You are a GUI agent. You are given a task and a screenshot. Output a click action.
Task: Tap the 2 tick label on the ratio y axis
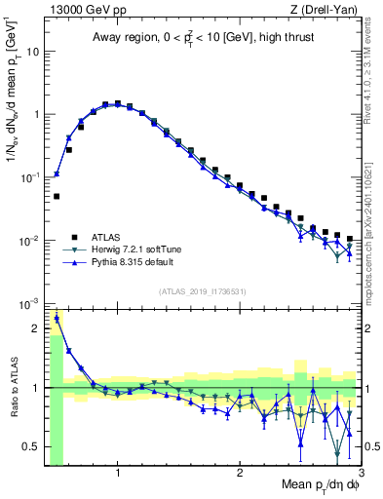[x=35, y=328]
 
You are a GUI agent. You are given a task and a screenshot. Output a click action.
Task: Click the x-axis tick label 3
[x=361, y=474]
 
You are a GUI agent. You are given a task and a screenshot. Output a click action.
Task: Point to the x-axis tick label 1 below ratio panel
[x=118, y=474]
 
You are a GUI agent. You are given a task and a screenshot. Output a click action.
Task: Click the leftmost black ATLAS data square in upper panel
[x=57, y=196]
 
